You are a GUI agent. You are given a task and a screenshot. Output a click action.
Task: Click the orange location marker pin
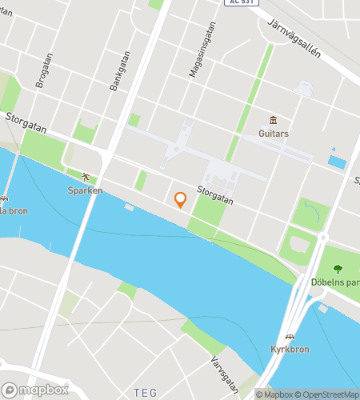click(x=181, y=200)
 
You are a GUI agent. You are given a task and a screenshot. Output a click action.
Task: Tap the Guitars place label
click(x=273, y=134)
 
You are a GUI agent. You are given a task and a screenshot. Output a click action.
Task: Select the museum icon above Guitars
click(x=273, y=120)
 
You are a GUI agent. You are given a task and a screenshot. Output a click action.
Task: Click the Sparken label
click(x=84, y=191)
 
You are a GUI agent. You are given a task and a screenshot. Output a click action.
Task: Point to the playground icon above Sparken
click(x=84, y=177)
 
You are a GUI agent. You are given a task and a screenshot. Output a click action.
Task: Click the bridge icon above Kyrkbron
click(x=290, y=337)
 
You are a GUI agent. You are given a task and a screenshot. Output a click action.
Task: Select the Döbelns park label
click(x=335, y=282)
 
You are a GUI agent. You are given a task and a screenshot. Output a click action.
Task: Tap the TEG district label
click(x=146, y=392)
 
